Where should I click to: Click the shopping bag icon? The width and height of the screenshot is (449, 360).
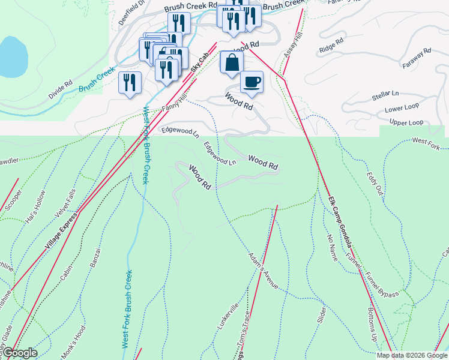coord(231,62)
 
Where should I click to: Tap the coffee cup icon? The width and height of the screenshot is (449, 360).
coord(252,82)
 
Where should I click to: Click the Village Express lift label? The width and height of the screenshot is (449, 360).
coord(62,230)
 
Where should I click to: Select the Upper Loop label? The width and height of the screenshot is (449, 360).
coord(406,123)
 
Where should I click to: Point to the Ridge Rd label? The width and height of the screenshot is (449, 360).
coord(331,44)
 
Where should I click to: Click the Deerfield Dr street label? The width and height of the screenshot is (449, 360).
coord(131,11)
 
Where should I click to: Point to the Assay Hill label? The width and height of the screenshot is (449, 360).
coord(289,58)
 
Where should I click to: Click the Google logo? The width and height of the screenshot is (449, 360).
coord(19,353)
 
